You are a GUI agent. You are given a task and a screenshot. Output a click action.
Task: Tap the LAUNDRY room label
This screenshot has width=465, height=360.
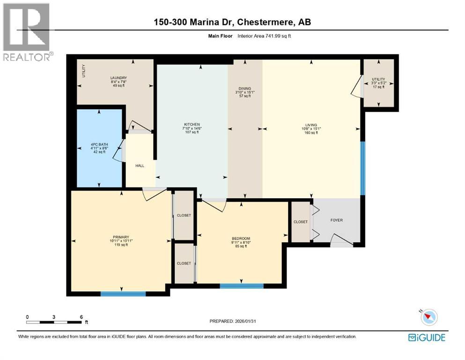[x=118, y=78]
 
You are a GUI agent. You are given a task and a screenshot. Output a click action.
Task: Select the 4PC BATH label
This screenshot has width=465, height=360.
[x=98, y=144]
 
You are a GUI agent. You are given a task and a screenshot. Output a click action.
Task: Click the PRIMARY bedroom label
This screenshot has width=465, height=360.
[x=121, y=237]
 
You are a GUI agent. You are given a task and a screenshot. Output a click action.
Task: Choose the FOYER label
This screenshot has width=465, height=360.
[x=337, y=220]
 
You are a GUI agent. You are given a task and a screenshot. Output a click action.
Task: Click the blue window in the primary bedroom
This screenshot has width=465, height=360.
[x=123, y=294]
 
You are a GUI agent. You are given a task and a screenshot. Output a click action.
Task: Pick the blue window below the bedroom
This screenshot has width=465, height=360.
[x=241, y=285]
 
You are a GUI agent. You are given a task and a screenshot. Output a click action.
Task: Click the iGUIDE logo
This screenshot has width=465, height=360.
[x=427, y=337]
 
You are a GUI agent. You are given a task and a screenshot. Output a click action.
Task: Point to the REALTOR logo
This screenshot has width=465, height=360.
[x=26, y=32]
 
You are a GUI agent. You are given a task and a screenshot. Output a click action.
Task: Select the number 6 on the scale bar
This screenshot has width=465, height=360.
[x=81, y=317]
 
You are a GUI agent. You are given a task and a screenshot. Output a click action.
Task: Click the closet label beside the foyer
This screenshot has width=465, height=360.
[x=301, y=222]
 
